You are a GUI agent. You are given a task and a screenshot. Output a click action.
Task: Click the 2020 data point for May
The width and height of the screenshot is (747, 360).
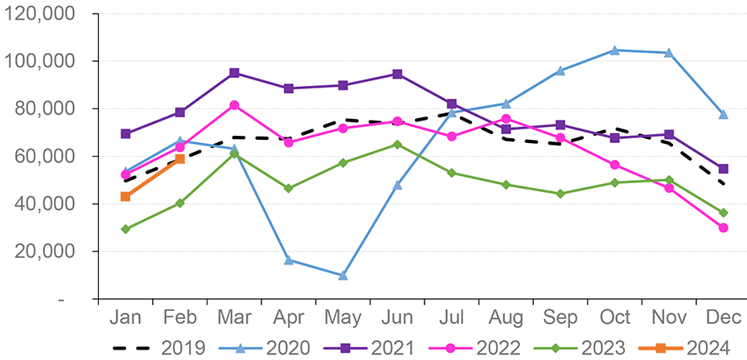click(343, 276)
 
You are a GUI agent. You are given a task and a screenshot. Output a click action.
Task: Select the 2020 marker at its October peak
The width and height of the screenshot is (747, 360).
click(615, 51)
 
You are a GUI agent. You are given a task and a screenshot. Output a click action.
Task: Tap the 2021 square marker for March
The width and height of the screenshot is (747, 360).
click(234, 73)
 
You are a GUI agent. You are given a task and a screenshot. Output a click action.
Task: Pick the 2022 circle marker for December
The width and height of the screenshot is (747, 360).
click(724, 228)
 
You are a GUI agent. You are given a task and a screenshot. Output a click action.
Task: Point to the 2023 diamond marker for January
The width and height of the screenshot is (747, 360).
click(125, 229)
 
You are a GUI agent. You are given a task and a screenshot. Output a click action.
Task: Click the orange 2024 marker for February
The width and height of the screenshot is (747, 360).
click(180, 159)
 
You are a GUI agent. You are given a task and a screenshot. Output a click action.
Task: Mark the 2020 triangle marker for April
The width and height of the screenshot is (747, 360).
click(289, 260)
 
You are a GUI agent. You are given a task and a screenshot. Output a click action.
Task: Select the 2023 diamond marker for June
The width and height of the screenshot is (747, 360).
click(397, 145)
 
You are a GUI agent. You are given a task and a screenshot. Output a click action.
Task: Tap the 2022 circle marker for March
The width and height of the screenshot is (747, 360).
click(234, 105)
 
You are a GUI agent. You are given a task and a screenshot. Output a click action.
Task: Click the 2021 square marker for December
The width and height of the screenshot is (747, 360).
click(724, 169)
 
